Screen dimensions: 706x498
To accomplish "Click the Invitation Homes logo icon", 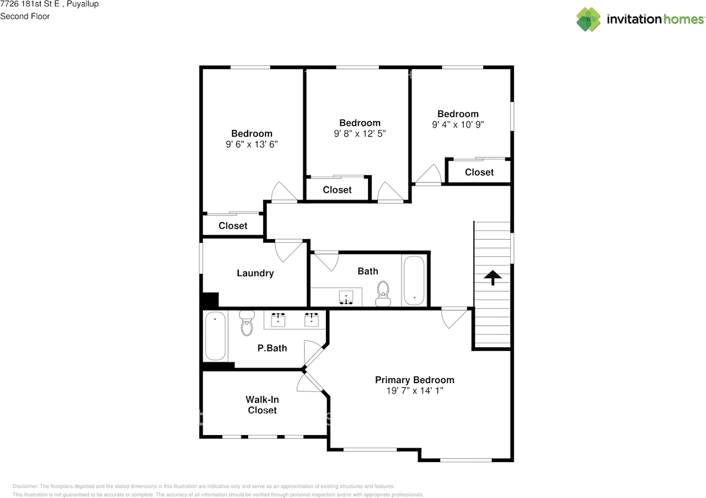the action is click(589, 19).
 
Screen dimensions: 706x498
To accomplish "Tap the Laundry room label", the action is click(255, 273).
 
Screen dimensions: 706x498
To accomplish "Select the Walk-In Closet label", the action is click(262, 405).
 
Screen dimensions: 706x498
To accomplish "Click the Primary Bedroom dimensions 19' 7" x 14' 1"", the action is click(415, 391).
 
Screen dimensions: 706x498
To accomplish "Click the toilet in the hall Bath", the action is click(383, 294).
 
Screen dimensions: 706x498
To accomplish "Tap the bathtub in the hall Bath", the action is click(414, 280).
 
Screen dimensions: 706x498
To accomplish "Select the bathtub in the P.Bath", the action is click(215, 336).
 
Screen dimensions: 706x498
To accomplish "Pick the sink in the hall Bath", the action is click(346, 298).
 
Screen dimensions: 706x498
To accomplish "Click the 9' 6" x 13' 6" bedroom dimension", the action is click(252, 144).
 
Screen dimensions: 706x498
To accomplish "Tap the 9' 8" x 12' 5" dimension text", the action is click(360, 134).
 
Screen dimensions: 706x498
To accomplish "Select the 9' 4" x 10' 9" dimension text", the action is click(458, 125).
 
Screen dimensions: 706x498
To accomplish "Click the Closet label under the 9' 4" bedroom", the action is click(479, 172).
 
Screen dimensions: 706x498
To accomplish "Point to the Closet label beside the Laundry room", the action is click(233, 226).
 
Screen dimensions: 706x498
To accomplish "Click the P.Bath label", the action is click(272, 348).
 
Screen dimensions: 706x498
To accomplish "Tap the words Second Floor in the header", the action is click(25, 16).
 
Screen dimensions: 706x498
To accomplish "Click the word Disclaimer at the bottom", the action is click(25, 486).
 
